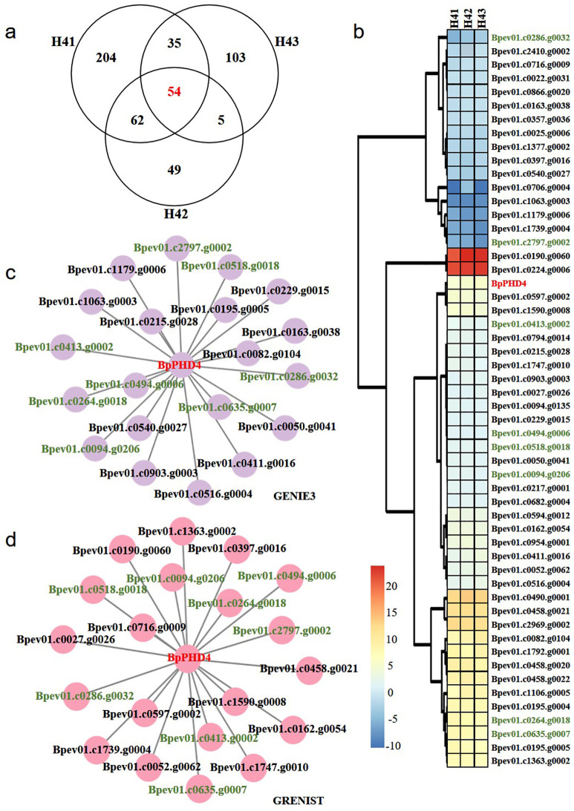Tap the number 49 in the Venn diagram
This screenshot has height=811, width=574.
(175, 171)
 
